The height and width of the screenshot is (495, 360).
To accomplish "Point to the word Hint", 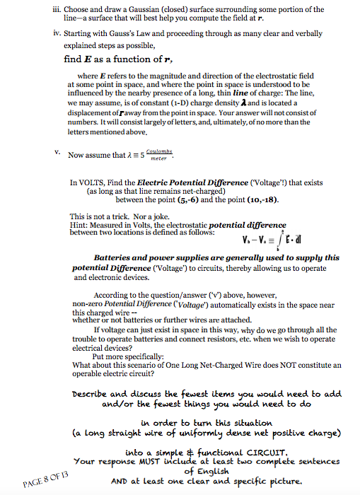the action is tap(79, 224).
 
